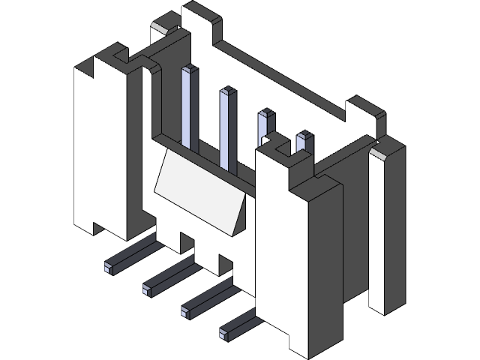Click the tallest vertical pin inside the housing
click(x=189, y=105)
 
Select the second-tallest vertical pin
click(x=226, y=127)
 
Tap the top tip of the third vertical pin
click(x=265, y=114)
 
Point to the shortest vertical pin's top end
click(x=304, y=136)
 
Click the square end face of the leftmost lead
click(x=109, y=265)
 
